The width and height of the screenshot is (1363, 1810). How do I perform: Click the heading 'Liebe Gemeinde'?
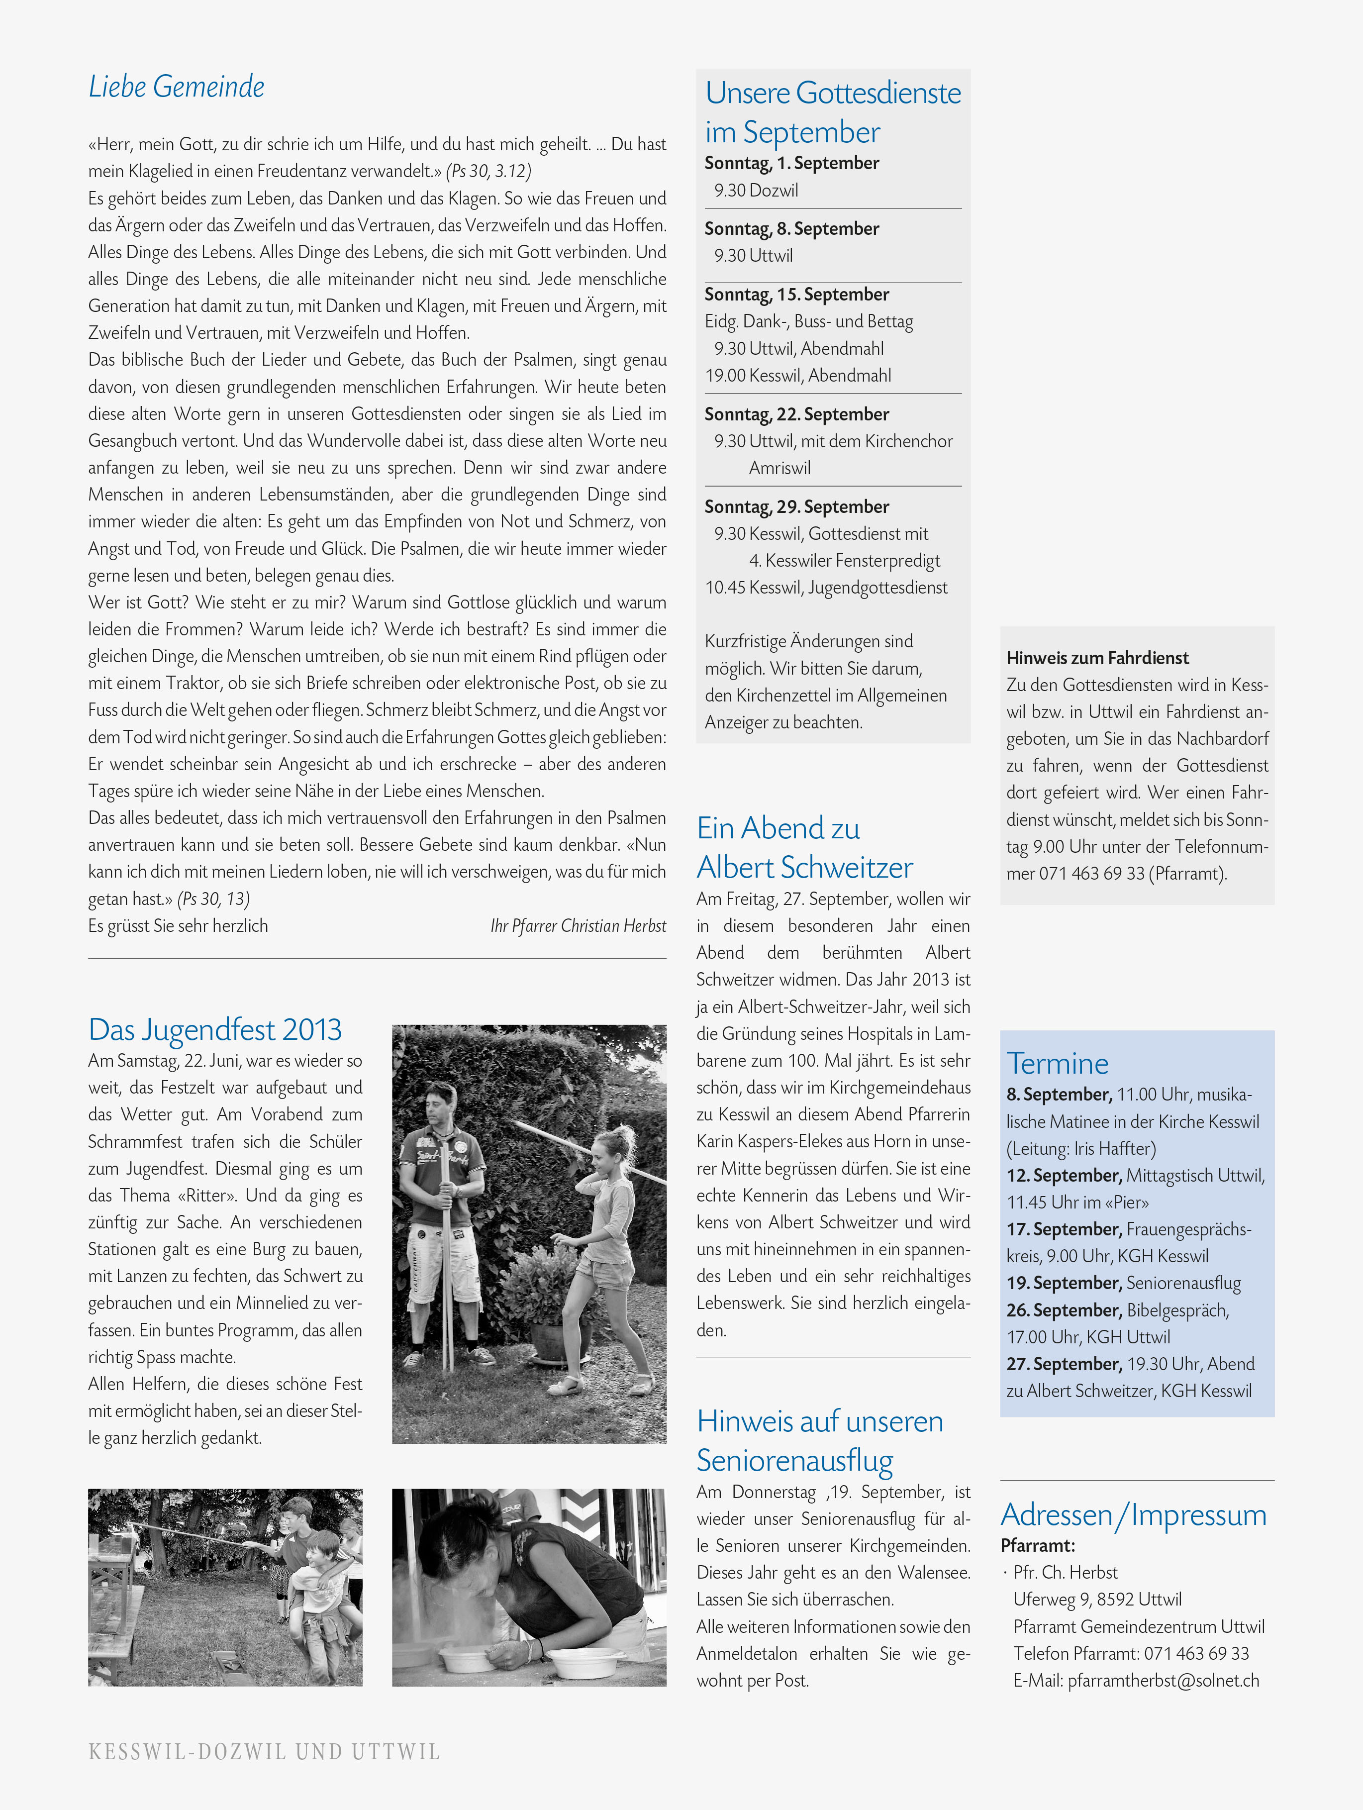pyautogui.click(x=177, y=87)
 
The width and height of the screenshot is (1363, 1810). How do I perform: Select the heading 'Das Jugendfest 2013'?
pyautogui.click(x=215, y=1029)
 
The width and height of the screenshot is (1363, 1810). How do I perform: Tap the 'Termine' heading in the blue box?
pyautogui.click(x=1057, y=1063)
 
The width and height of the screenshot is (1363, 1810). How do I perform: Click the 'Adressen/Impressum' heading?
pyautogui.click(x=1133, y=1514)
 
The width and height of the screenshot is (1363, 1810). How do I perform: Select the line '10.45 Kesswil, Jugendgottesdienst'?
pyautogui.click(x=826, y=588)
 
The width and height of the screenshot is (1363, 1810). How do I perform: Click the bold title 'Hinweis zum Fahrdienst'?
pyautogui.click(x=1097, y=658)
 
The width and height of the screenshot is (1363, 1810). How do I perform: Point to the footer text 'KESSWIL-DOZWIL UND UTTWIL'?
pyautogui.click(x=264, y=1752)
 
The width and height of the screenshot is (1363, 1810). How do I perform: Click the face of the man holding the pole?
pyautogui.click(x=442, y=1104)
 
